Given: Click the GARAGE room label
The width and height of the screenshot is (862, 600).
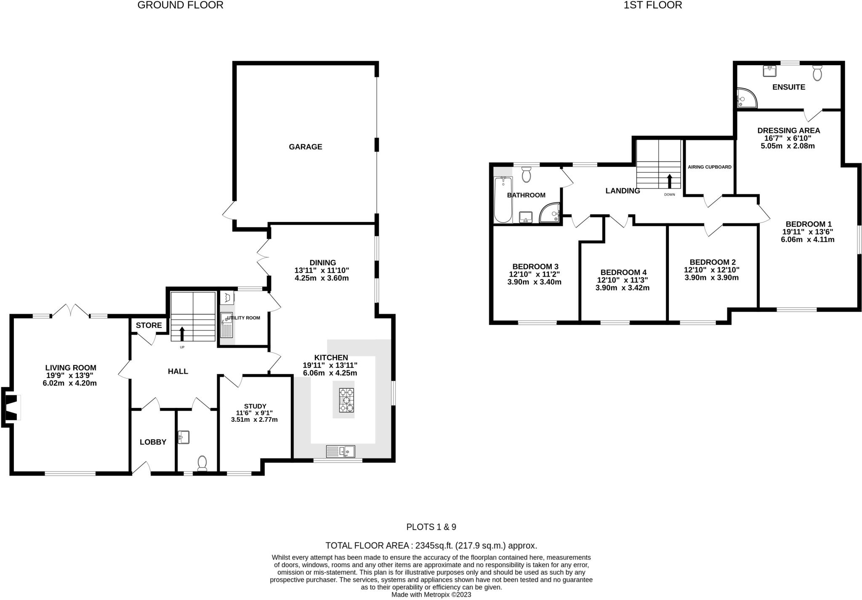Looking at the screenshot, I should coord(305,147).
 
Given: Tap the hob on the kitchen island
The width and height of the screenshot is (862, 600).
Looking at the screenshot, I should coord(346,400).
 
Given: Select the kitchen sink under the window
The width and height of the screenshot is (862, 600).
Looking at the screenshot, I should coord(341,452).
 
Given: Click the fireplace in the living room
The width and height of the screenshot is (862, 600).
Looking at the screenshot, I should coord(11,407).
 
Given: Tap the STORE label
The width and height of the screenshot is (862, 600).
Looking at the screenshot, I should coord(149,325).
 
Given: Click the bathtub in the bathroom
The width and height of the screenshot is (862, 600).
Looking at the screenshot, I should coord(503,200).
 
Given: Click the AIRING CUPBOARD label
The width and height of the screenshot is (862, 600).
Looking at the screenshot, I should coord(710,167).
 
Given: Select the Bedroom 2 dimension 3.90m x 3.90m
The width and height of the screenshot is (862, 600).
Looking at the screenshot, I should coord(711,278).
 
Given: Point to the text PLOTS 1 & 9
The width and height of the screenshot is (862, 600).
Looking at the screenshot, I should coord(431,527).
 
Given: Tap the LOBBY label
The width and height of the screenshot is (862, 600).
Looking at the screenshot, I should coord(153,442).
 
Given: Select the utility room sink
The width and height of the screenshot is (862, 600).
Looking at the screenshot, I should coord(226,325).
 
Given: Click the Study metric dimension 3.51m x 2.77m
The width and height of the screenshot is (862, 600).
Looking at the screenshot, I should coord(254,420).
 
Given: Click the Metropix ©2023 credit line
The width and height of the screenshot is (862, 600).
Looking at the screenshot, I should coord(431,595).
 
